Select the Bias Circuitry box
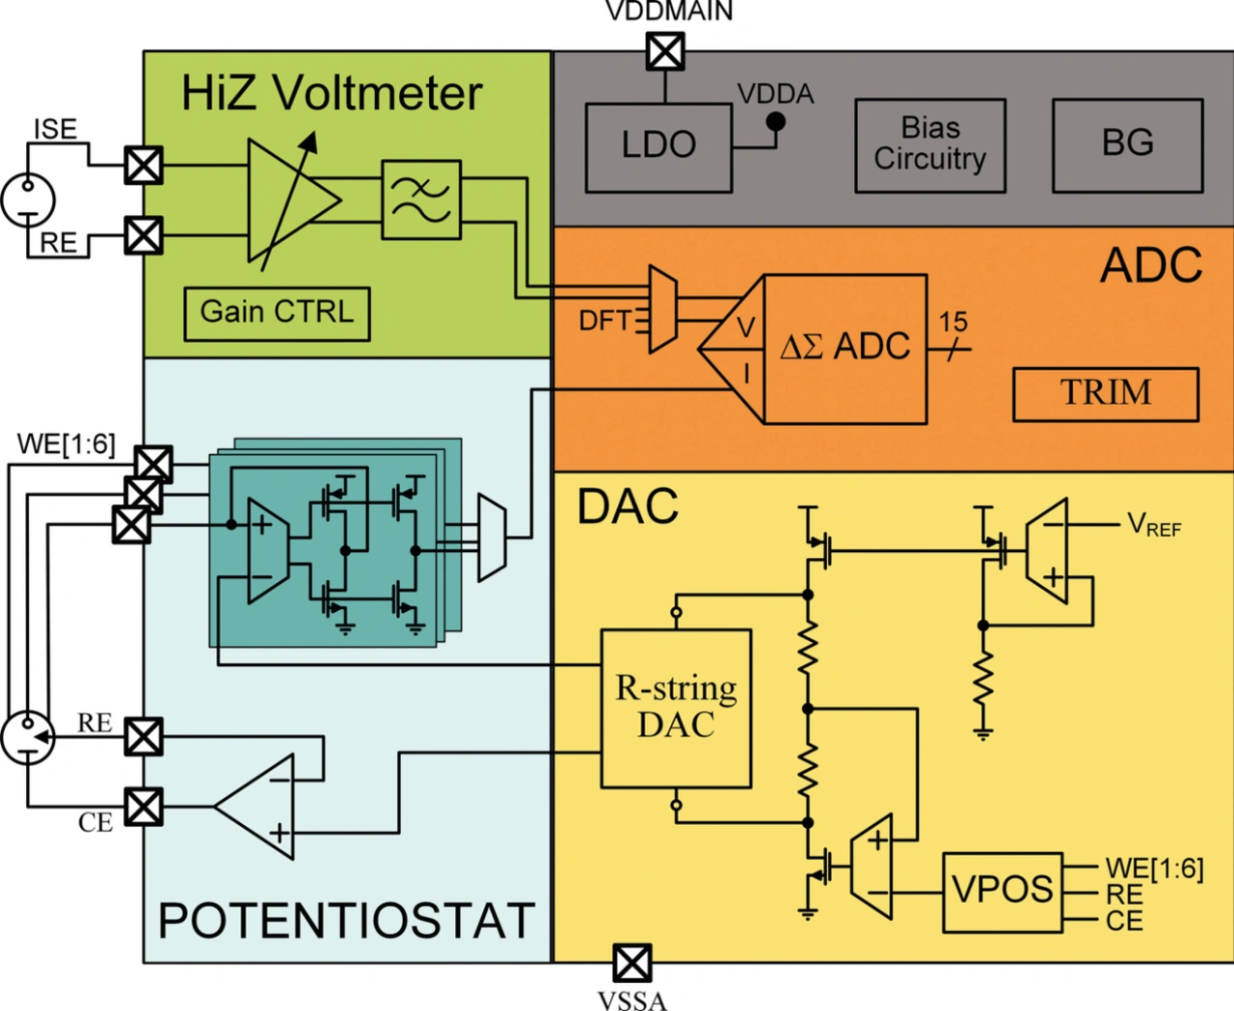930,145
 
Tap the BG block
1127,145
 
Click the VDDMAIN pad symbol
665,51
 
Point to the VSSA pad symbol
631,962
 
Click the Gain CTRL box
277,312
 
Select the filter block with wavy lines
421,200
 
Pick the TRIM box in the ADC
1105,393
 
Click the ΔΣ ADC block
845,347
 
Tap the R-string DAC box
676,708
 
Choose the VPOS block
1002,891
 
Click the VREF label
1153,525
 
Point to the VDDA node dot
775,121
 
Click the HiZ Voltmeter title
332,93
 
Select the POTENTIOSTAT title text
346,920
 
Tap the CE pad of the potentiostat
144,807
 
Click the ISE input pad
144,166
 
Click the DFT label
604,321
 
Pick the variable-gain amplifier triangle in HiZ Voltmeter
289,200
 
